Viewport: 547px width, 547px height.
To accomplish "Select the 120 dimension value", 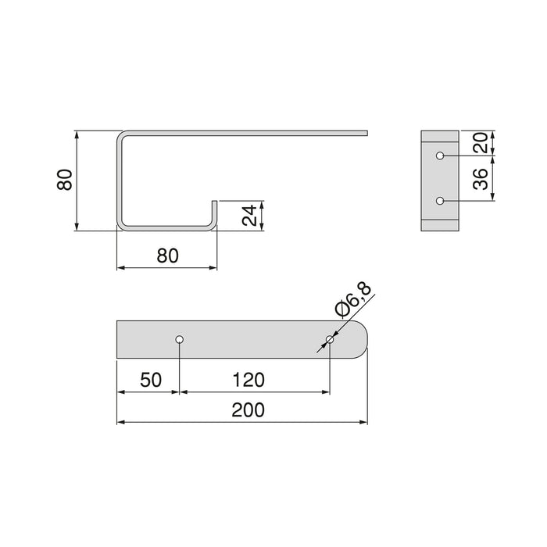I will click(x=248, y=380).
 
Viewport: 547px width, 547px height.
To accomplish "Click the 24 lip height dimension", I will click(x=249, y=215).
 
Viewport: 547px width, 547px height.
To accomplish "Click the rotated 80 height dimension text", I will click(x=65, y=180).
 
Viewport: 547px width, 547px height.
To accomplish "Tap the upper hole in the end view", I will click(x=441, y=156).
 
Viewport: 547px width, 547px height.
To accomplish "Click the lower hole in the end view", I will click(x=441, y=202).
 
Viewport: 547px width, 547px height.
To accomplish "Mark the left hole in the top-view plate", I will click(x=180, y=340).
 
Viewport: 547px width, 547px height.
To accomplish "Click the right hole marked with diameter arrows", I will click(x=330, y=340).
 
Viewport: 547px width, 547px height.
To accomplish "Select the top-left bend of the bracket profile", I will click(x=121, y=137).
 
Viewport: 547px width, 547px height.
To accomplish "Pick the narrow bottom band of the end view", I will click(x=441, y=227).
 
